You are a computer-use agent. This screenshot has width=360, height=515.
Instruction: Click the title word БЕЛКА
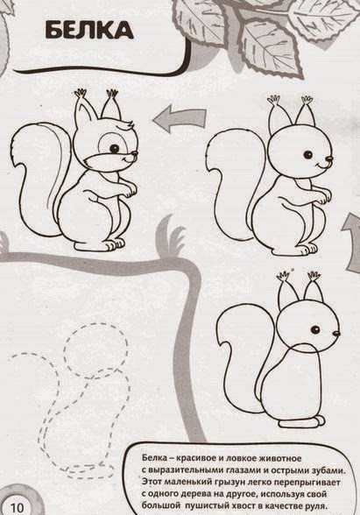point(89,30)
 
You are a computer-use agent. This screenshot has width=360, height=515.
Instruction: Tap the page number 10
point(18,507)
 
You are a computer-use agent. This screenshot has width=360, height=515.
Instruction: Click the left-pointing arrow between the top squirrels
point(180,119)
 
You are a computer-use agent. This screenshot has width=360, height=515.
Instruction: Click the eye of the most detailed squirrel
point(115,149)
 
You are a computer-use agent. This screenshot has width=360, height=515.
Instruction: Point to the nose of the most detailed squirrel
point(135,154)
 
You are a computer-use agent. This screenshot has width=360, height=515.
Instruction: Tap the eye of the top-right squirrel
point(308,154)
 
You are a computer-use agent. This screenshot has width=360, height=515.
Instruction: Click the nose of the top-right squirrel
point(329,159)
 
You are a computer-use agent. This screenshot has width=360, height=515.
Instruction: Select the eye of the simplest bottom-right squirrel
point(315,329)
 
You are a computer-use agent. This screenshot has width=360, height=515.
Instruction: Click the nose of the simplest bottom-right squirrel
point(336,334)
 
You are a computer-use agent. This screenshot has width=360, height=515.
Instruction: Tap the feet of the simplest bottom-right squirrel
point(303,421)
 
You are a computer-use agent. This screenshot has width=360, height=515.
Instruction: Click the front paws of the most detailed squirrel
point(128,191)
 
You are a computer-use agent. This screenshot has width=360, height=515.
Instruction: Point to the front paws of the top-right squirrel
point(322,197)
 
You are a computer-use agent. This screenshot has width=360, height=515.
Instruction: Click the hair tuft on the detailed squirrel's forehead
point(126,126)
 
